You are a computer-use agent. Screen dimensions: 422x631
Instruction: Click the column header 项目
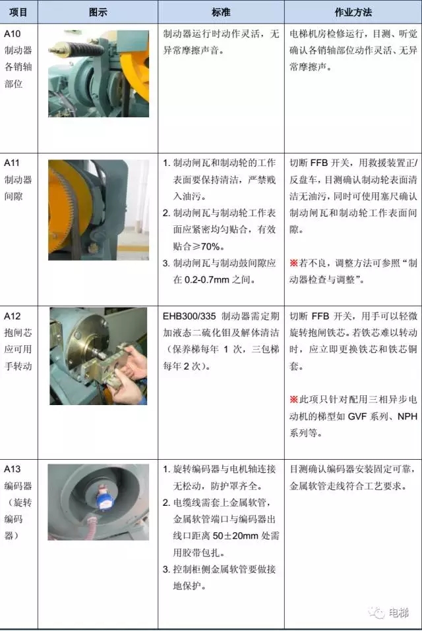pos(18,12)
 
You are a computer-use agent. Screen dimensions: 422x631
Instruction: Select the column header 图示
pos(98,12)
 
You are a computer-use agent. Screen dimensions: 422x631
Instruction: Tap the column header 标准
pos(221,12)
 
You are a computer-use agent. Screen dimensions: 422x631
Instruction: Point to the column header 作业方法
pos(353,12)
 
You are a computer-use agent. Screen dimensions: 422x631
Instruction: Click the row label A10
pos(12,34)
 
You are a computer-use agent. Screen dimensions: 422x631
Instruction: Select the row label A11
pos(12,163)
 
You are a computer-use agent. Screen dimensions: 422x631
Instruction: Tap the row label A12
pos(12,316)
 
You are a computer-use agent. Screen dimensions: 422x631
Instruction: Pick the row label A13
pos(12,469)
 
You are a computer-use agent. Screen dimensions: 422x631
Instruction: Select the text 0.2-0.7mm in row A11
pos(206,280)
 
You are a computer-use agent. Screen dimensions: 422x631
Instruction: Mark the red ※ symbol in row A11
pos(293,263)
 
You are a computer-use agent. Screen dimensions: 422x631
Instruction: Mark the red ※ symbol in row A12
pos(293,400)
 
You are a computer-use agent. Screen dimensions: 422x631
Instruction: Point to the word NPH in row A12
pos(407,416)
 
